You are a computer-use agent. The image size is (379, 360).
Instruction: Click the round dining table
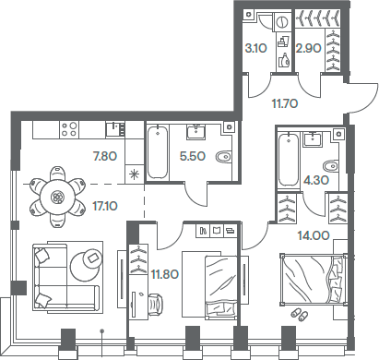[x=58, y=197]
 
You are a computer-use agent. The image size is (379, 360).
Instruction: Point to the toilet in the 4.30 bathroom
[x=333, y=166]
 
